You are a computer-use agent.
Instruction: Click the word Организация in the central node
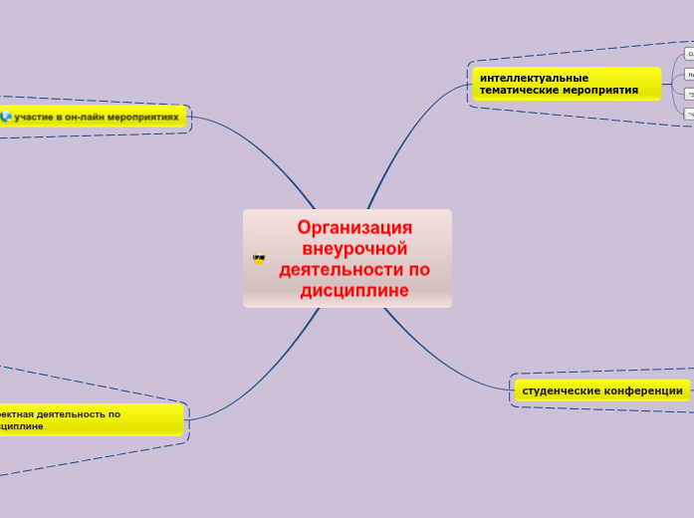(354, 228)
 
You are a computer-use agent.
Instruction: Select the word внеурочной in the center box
(354, 248)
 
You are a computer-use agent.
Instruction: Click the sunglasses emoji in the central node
(260, 259)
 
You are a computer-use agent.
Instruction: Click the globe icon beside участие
(6, 117)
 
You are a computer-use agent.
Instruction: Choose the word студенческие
(561, 390)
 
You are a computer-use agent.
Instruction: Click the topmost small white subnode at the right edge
(689, 54)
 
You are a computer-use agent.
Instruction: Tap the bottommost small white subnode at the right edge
(689, 115)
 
